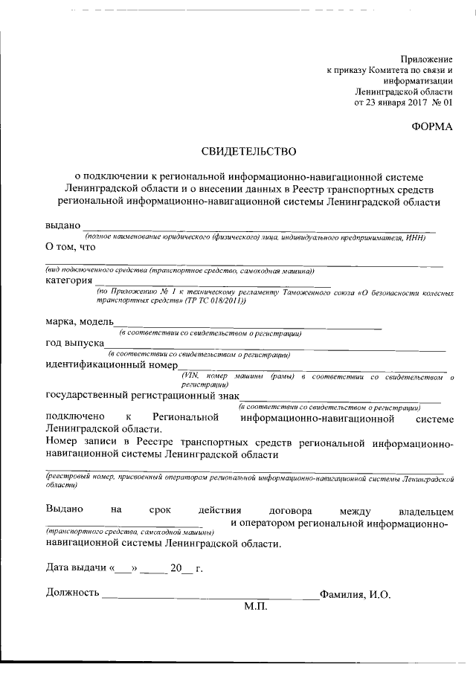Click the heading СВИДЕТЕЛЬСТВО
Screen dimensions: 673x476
pos(249,152)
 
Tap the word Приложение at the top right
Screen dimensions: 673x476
pos(426,58)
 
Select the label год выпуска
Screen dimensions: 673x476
pos(74,344)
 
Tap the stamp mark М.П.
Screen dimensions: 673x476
pos(254,606)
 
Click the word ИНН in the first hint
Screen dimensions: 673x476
pos(426,236)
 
